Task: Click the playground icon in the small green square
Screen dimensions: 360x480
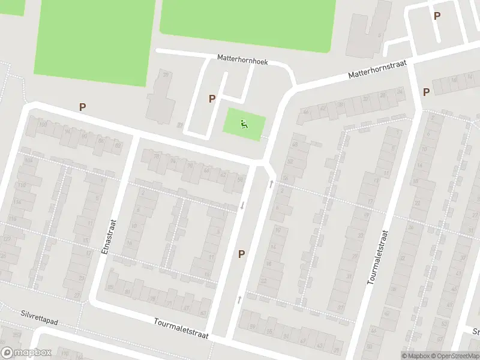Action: (244, 124)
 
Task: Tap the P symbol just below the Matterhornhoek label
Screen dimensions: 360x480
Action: (212, 99)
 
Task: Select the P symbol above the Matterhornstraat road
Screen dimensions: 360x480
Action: (437, 16)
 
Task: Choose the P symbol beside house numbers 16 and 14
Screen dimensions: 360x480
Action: (426, 92)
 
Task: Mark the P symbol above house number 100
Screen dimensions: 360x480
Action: (83, 107)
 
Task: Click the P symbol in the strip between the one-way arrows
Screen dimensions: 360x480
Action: (241, 254)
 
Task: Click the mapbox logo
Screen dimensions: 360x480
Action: (25, 353)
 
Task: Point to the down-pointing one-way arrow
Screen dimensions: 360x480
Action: (242, 206)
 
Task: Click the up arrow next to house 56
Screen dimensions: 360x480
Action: (271, 184)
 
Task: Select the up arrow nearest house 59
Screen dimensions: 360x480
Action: (239, 298)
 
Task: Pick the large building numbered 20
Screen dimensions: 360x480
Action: (160, 97)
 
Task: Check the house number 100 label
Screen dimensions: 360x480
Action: (43, 125)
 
